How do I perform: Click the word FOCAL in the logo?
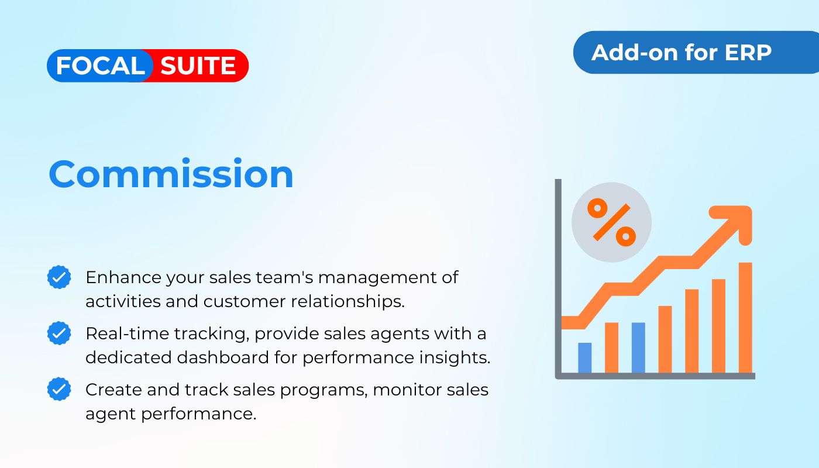pos(100,66)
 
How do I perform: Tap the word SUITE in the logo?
pos(198,66)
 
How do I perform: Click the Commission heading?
pos(171,174)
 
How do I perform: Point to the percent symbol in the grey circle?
pos(611,222)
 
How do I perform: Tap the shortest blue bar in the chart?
pos(584,358)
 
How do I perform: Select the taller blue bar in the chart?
pos(638,347)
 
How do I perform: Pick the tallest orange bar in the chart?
pos(745,318)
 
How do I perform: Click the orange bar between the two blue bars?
pos(612,347)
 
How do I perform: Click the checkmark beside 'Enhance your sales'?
pos(59,277)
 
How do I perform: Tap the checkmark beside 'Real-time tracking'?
pos(59,333)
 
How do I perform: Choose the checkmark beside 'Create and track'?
pos(59,389)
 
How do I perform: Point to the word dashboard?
pos(223,357)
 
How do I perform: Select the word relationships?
pos(347,302)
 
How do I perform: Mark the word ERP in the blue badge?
pos(748,53)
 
